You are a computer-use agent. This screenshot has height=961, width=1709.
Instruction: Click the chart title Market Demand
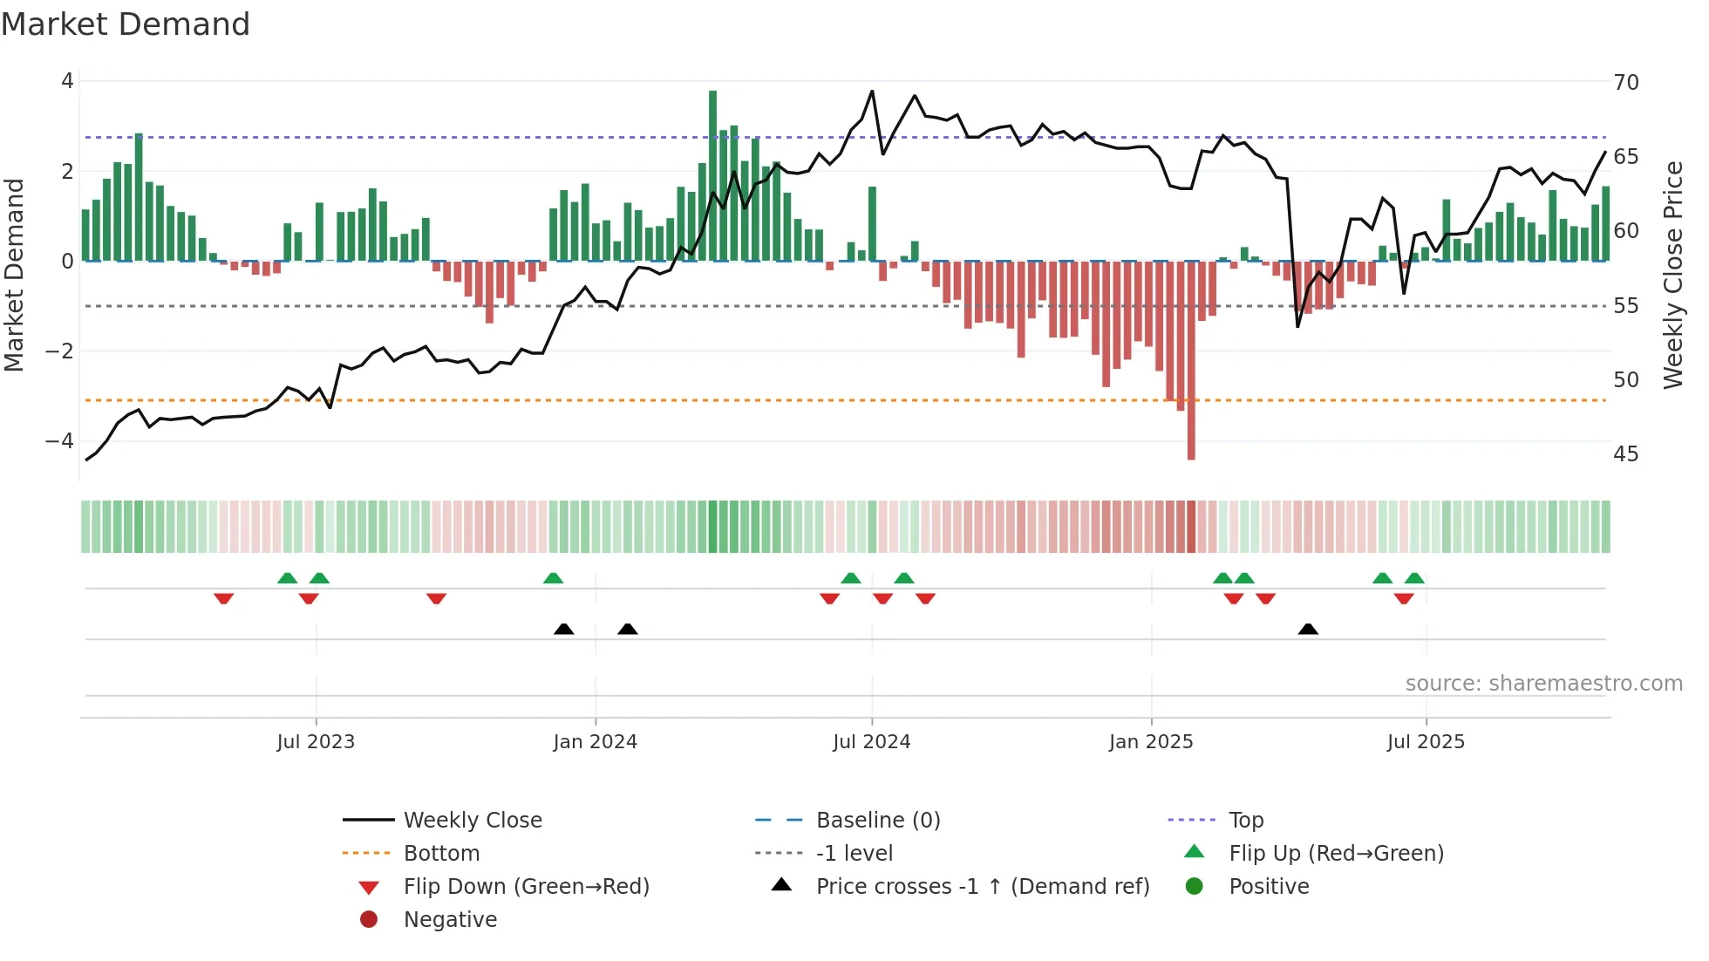tap(126, 24)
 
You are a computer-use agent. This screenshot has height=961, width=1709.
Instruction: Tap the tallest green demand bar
tap(712, 174)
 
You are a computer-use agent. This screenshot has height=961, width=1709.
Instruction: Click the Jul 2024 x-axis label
tap(871, 742)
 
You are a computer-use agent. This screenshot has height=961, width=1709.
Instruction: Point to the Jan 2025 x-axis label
tap(1151, 742)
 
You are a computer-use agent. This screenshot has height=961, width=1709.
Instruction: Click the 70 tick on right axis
tap(1626, 83)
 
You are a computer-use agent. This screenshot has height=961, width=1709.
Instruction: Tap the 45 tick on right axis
tap(1626, 454)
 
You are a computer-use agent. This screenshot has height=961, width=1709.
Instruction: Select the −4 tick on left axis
tap(59, 441)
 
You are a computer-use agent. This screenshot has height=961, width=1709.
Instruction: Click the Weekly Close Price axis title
tap(1672, 275)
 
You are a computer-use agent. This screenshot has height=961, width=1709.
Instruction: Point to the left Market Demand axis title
tap(14, 275)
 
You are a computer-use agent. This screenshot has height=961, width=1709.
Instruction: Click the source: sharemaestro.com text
tap(1543, 684)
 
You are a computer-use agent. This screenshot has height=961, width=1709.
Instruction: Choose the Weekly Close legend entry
tap(472, 821)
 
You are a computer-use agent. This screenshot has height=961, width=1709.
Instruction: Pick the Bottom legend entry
tap(441, 854)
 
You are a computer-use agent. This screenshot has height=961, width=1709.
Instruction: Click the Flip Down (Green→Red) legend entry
tap(526, 887)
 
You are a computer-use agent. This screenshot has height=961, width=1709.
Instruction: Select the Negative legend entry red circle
tap(369, 920)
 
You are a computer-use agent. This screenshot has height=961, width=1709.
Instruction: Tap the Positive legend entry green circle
tap(1195, 887)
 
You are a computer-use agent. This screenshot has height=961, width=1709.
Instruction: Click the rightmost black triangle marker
tap(1308, 629)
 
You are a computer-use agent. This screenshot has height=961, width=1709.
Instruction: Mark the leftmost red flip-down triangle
tap(223, 598)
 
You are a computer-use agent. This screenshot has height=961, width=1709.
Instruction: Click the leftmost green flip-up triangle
tap(287, 578)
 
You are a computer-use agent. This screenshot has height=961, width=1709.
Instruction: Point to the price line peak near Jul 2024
tap(872, 91)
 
